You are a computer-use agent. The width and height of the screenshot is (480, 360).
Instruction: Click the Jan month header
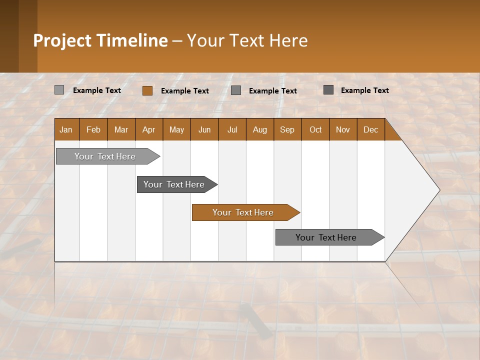coord(66,129)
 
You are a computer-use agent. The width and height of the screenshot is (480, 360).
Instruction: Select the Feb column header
coord(93,129)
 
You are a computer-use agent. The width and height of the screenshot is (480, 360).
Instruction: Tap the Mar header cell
coord(121,129)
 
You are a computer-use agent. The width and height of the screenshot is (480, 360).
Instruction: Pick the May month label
coord(176,129)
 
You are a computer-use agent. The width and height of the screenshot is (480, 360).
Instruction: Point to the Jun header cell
coord(204,129)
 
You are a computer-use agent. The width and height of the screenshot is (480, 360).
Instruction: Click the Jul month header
coord(232,129)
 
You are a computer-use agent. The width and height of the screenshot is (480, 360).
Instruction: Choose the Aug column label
coord(260,129)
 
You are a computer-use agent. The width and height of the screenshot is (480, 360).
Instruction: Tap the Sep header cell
coord(287,129)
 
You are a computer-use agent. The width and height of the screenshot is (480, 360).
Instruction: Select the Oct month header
coord(315,129)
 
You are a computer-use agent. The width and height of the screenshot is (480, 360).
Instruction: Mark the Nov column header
coord(343,129)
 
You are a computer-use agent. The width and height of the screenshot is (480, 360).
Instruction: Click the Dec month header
coord(371,129)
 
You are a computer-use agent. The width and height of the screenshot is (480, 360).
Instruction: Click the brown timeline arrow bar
coord(245,212)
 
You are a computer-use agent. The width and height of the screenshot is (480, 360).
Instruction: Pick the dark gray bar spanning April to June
coord(175,184)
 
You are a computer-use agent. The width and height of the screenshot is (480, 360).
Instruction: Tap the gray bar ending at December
coord(327,237)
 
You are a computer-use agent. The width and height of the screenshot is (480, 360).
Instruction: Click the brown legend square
coord(147,90)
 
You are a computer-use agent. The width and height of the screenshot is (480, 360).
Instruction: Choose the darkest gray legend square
coord(328,90)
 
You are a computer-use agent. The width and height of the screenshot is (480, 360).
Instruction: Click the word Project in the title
coord(62,40)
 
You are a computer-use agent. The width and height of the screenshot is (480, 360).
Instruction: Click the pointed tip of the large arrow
coord(438,190)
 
